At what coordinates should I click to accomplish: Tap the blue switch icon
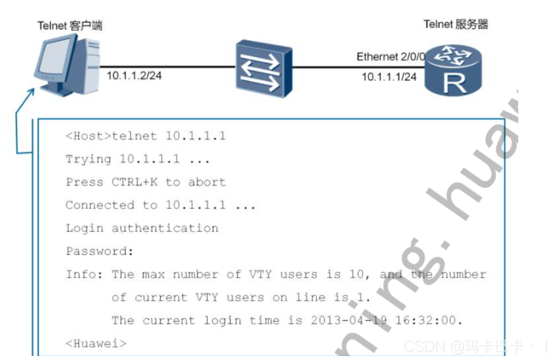pyautogui.click(x=264, y=68)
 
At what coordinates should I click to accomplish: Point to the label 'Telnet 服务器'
pyautogui.click(x=455, y=24)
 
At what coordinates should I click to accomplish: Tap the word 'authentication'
pyautogui.click(x=165, y=228)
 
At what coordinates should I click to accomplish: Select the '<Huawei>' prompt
pyautogui.click(x=96, y=343)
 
